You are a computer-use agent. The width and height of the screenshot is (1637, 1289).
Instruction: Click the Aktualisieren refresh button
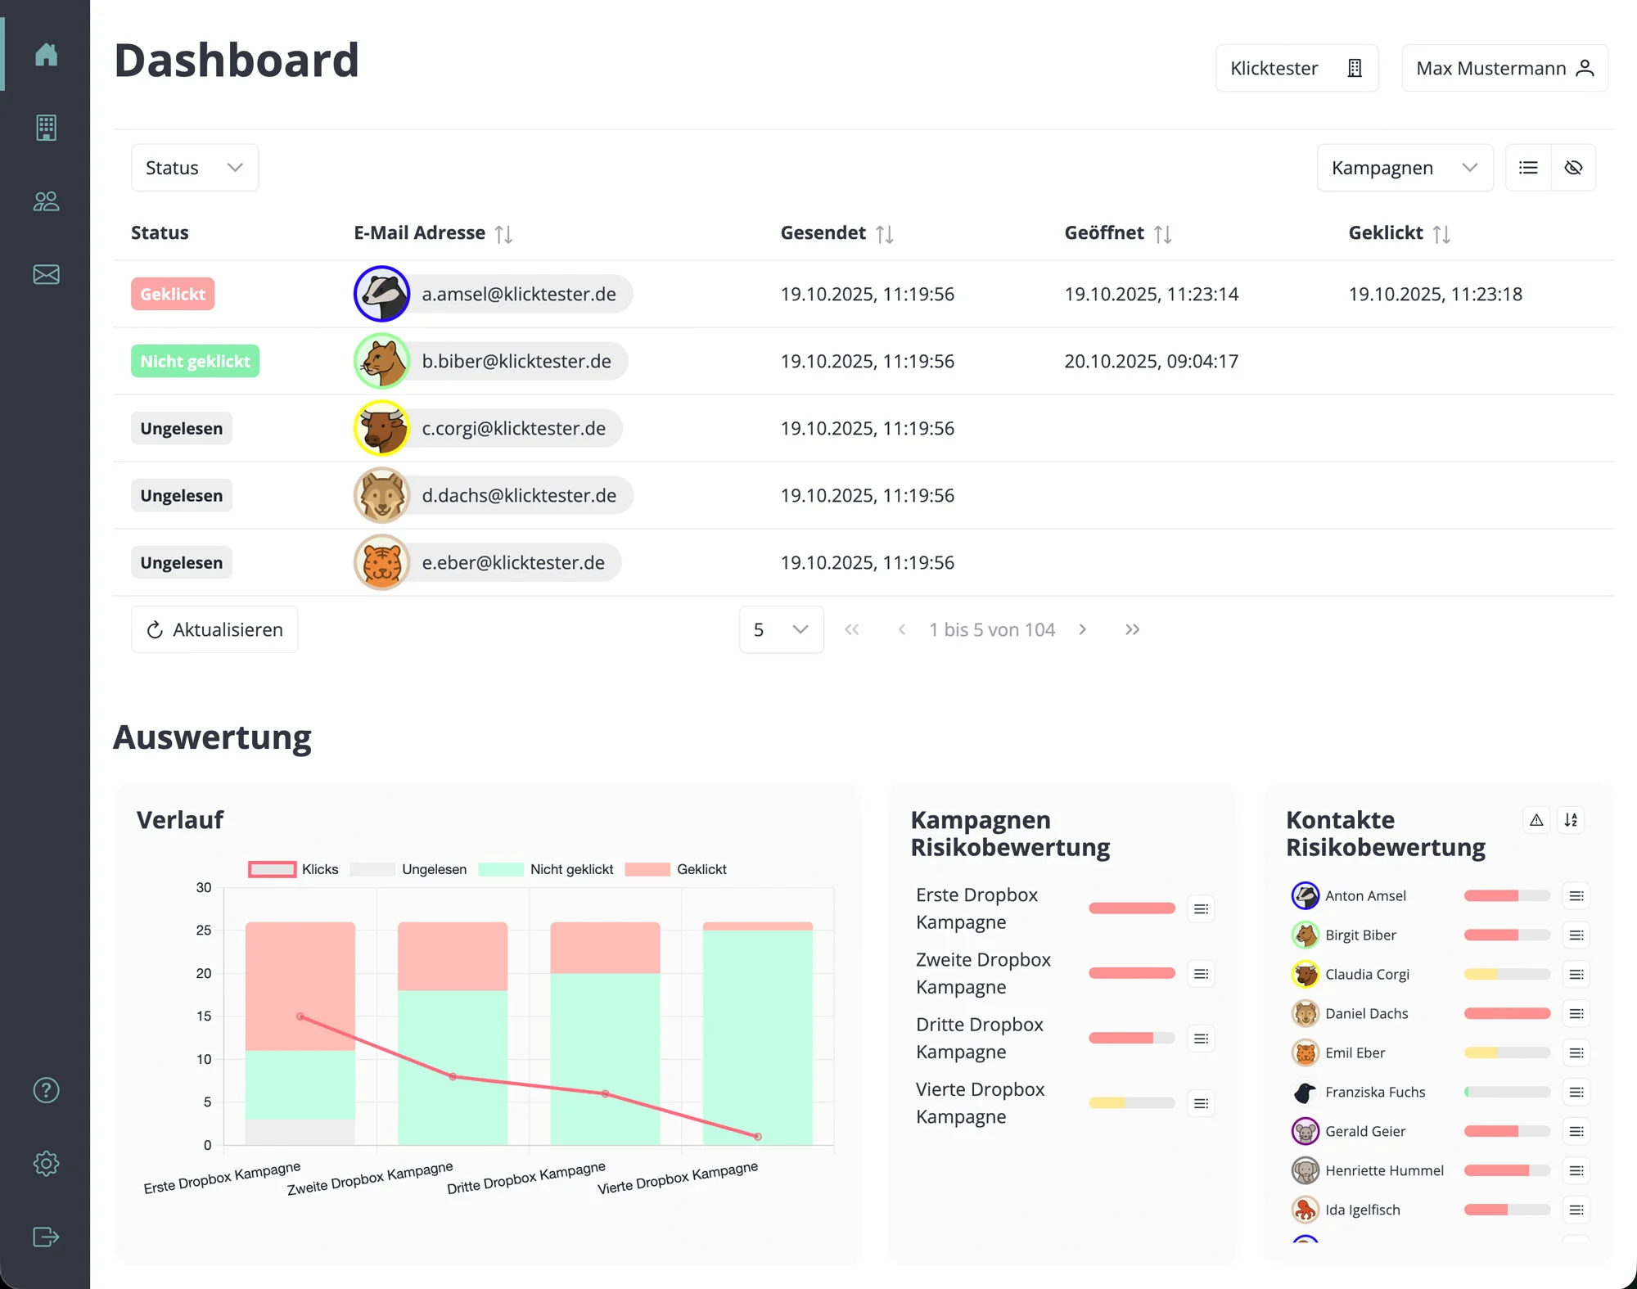point(214,629)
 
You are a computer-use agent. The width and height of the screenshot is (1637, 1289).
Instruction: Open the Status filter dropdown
point(195,168)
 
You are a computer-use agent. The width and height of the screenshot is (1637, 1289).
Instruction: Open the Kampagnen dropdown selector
point(1405,168)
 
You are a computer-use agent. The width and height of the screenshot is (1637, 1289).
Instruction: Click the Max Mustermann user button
point(1504,68)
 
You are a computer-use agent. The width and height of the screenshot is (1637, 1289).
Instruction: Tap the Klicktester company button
point(1297,68)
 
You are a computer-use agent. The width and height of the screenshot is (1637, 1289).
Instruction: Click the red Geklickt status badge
point(173,294)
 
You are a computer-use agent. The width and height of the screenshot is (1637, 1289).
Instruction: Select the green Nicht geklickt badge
point(195,361)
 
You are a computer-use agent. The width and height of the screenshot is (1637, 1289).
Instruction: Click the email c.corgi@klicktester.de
point(513,428)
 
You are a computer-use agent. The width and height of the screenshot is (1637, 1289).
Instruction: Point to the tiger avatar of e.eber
point(381,562)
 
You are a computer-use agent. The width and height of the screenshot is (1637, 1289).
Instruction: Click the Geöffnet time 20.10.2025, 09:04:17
point(1151,361)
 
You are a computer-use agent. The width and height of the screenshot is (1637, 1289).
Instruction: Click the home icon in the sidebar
point(46,54)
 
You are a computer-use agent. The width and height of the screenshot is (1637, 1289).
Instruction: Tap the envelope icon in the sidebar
point(46,274)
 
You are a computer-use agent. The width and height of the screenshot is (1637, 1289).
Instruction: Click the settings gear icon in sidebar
point(46,1163)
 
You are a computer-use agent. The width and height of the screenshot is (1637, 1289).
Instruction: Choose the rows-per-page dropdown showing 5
point(781,629)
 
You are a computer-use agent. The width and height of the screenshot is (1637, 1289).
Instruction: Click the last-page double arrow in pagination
point(1132,629)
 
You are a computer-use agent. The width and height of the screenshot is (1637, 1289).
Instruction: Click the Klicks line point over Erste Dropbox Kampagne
point(300,1016)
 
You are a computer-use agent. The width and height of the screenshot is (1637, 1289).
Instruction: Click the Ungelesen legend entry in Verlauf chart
point(409,869)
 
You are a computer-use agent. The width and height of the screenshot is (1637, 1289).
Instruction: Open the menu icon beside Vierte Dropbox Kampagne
point(1201,1103)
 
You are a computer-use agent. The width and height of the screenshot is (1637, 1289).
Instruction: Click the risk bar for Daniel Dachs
point(1507,1013)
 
